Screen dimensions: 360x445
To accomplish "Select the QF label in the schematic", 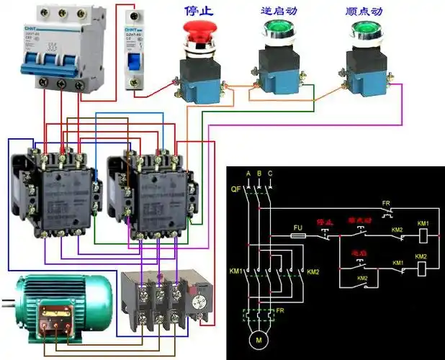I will tap(235, 189).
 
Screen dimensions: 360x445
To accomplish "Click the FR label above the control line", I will tap(386, 204).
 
